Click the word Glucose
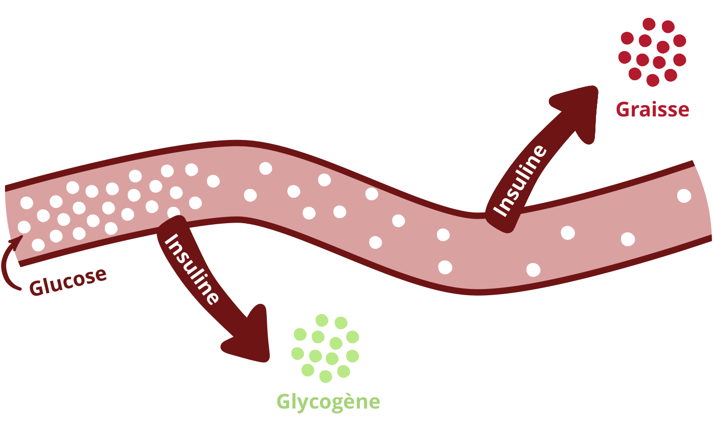tap(68, 281)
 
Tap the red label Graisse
tap(652, 110)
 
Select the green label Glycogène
tap(328, 402)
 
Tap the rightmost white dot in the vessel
tap(684, 195)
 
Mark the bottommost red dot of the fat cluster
tap(653, 80)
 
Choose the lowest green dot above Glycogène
tap(326, 376)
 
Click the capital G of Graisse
tap(623, 110)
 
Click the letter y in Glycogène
tap(303, 403)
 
